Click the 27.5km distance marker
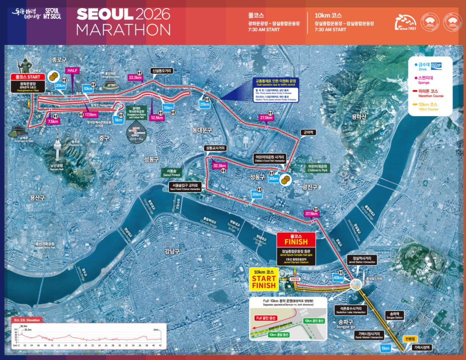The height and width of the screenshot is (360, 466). click(266, 118)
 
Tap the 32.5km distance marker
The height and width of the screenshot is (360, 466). click(219, 165)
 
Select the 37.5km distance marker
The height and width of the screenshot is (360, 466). click(311, 213)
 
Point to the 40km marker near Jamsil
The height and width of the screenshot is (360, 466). click(338, 277)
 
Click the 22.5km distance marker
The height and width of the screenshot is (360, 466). click(135, 77)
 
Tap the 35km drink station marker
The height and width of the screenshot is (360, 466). click(257, 194)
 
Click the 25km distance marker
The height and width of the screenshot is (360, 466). click(204, 104)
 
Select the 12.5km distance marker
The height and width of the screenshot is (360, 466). click(156, 118)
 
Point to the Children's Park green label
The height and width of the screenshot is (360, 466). click(317, 167)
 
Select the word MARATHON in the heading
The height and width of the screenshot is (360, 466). click(123, 29)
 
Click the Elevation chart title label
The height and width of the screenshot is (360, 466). click(28, 320)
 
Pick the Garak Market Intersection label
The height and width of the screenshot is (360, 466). click(369, 335)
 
